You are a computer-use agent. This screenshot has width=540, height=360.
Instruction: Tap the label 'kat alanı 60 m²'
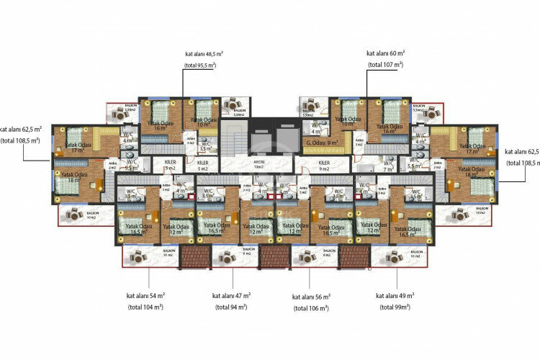(x=385, y=53)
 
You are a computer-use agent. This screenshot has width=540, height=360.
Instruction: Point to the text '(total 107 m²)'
(x=385, y=65)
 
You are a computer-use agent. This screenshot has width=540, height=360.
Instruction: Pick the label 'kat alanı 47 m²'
(x=231, y=296)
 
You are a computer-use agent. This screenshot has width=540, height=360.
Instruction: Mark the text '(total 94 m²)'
(x=231, y=307)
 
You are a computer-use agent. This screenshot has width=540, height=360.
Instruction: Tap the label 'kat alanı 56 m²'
(x=310, y=297)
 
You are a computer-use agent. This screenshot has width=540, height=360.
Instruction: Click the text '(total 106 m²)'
(x=310, y=308)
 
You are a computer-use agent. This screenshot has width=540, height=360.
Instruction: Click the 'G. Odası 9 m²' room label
(x=322, y=143)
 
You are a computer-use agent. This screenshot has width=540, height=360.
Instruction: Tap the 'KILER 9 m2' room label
(x=324, y=166)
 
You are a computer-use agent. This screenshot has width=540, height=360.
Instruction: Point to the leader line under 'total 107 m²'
(x=366, y=83)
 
